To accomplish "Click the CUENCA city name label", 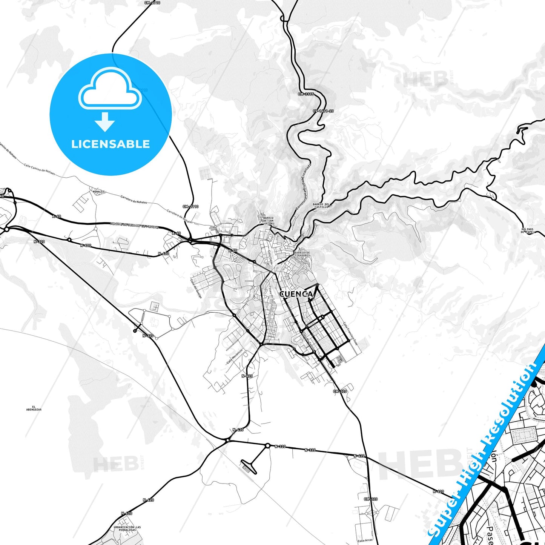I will (296, 294).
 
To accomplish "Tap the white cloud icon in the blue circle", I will (110, 89).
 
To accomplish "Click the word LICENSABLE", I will (111, 144).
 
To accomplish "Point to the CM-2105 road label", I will (306, 94).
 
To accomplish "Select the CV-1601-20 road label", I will (323, 111).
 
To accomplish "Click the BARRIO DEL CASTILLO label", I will (321, 206).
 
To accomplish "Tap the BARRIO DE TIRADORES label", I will (302, 254).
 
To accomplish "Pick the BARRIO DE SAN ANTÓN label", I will (268, 221).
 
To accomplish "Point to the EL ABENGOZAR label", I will (34, 408).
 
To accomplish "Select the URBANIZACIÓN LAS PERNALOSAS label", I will (127, 529).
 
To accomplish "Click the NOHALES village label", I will (98, 192).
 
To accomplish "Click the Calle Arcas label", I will (365, 540).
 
